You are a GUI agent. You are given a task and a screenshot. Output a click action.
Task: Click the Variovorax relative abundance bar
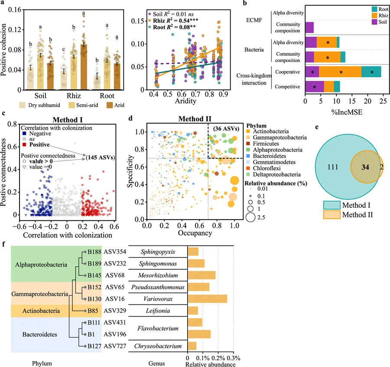207,298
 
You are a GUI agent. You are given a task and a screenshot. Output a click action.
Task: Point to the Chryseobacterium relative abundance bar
192,346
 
